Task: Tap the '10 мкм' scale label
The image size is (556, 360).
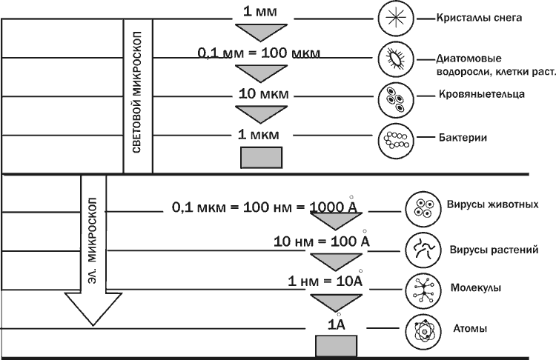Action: pos(264,95)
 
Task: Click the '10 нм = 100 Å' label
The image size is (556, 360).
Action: pos(322,241)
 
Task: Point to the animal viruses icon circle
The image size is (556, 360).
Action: pos(423,208)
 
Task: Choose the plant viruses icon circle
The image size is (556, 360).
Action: pos(423,249)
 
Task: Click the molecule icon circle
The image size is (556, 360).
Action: pos(423,290)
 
